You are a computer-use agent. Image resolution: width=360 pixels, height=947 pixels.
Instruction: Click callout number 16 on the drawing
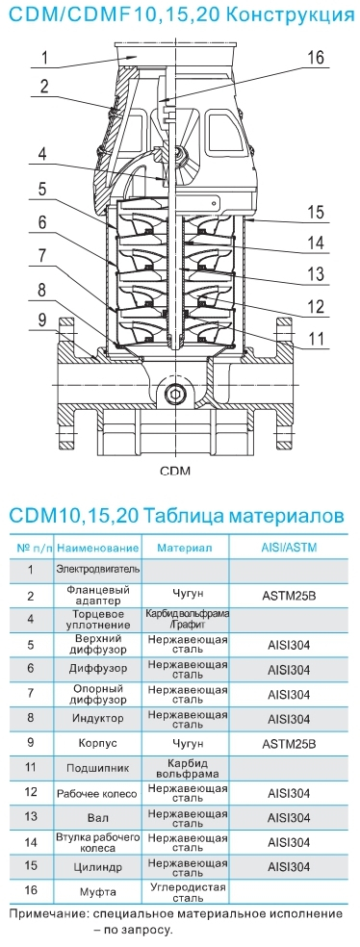(x=316, y=58)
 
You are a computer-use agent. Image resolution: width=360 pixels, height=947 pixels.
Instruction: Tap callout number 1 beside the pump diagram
(x=44, y=58)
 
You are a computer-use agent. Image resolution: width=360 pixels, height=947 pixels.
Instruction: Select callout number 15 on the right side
(x=315, y=213)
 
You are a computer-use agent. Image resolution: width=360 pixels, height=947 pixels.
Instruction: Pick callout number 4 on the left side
(x=42, y=155)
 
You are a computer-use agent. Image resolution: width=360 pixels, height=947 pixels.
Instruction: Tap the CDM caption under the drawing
(x=175, y=471)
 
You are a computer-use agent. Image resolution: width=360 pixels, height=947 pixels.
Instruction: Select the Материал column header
(x=185, y=548)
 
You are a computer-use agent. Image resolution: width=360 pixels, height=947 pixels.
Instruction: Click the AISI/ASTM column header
(x=289, y=548)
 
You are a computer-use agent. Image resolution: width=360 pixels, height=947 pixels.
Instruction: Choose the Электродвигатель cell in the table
(x=98, y=569)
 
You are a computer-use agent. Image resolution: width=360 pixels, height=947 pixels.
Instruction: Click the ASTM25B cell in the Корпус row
(x=289, y=744)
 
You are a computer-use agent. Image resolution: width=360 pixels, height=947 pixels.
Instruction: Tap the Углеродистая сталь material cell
(x=188, y=891)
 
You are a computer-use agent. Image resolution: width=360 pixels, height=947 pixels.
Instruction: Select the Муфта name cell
(x=98, y=891)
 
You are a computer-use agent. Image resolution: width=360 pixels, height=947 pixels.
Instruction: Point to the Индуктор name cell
(x=98, y=719)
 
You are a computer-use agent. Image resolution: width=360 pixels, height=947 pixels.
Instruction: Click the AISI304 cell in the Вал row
(x=289, y=818)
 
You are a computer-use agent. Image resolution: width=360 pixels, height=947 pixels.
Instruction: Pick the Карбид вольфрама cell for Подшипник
(x=188, y=768)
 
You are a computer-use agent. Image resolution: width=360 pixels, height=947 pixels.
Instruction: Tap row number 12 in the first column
(x=30, y=793)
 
